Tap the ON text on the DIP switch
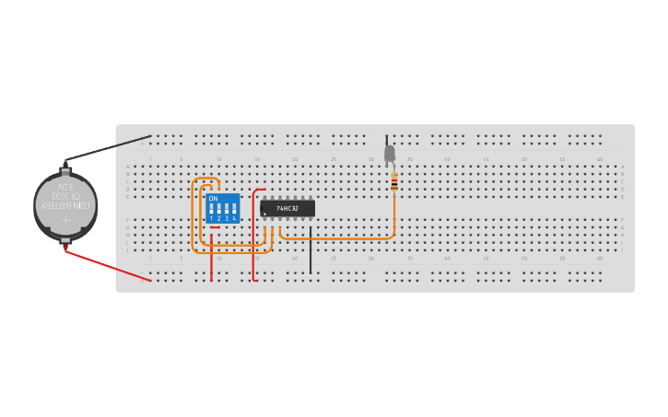click(213, 199)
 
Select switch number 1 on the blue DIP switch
click(212, 211)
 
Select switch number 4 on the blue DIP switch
click(234, 211)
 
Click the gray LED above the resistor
click(390, 153)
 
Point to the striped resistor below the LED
click(394, 183)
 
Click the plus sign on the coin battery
click(65, 220)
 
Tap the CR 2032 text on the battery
click(66, 196)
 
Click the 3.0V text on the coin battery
click(67, 187)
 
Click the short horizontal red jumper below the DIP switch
click(215, 227)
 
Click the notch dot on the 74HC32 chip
click(265, 214)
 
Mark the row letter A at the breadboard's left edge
click(128, 167)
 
